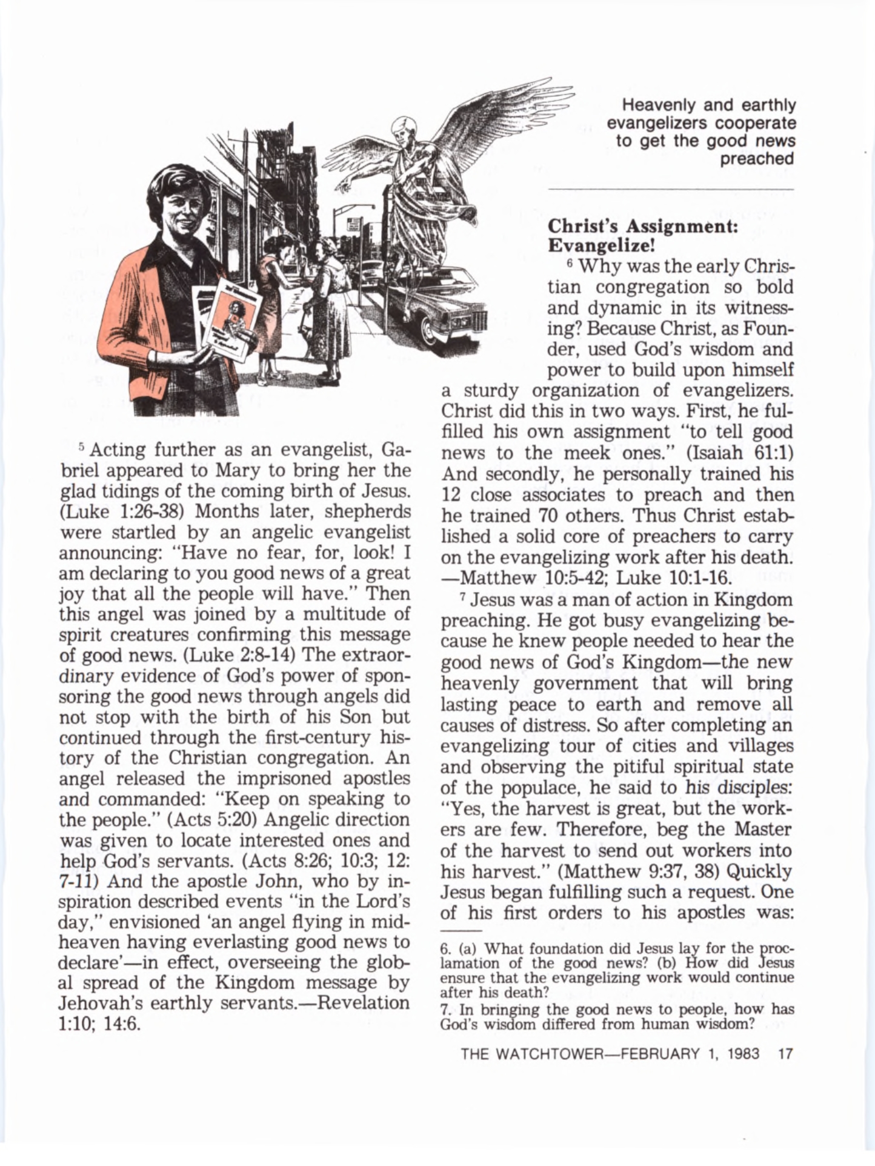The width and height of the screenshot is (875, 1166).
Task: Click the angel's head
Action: [x=402, y=128]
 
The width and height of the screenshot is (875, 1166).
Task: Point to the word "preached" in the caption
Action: [x=757, y=159]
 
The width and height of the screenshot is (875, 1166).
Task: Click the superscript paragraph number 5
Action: [x=82, y=447]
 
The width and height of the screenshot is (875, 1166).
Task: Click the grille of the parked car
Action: [x=473, y=324]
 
